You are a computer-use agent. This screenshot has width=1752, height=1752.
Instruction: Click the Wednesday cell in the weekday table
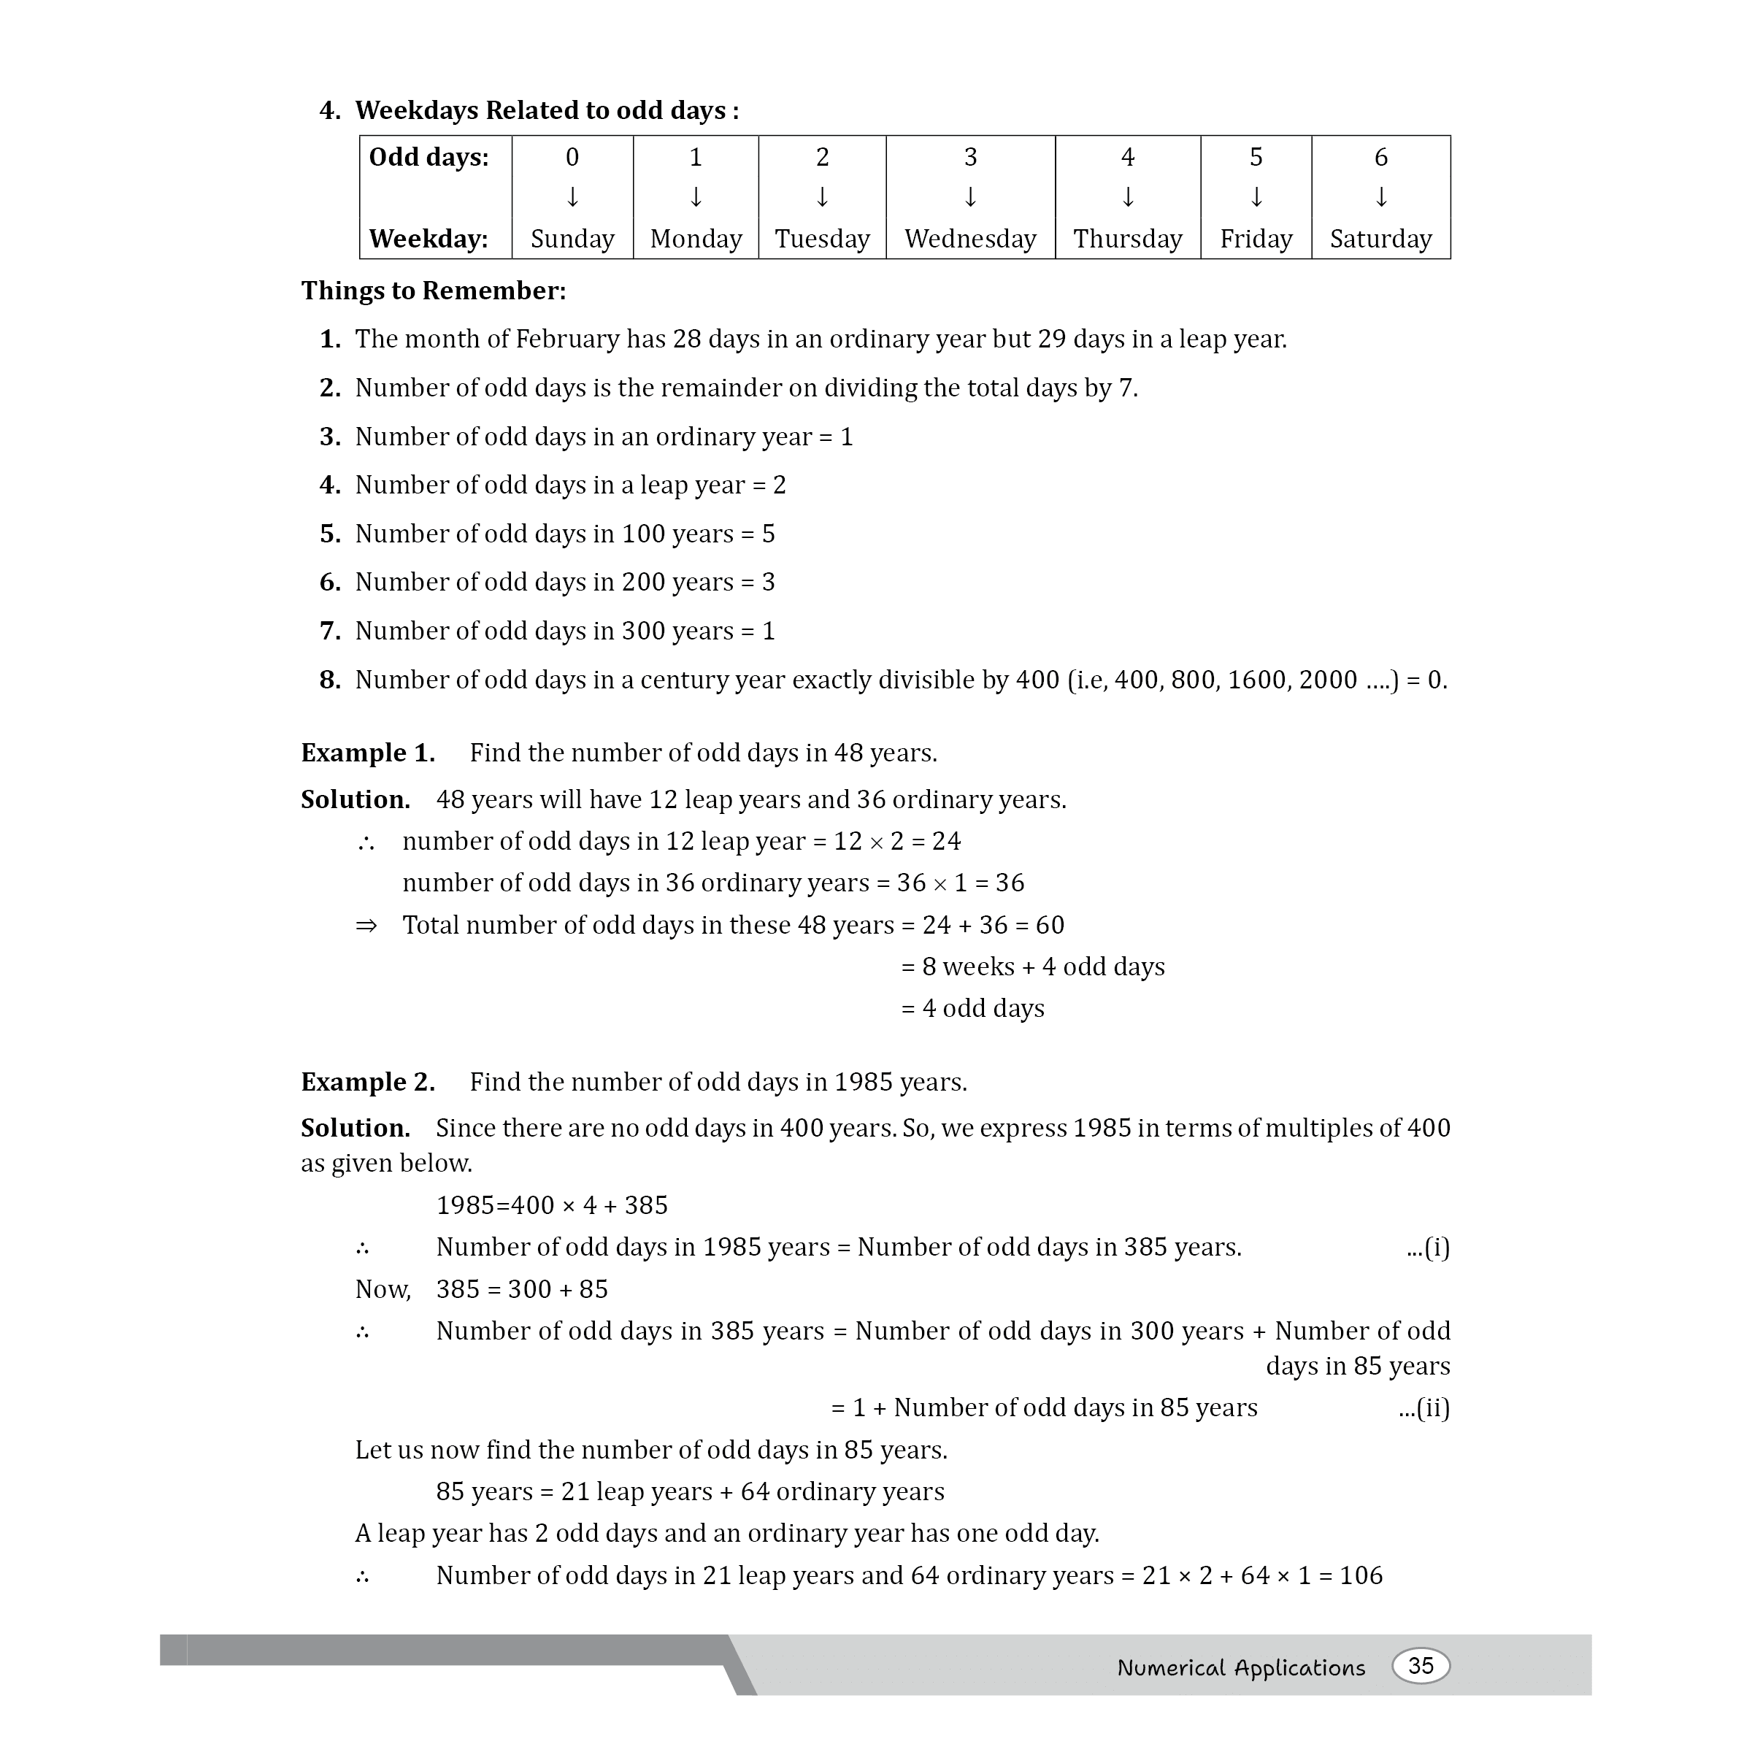point(969,239)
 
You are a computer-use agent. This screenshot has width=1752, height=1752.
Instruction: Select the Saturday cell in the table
point(1380,239)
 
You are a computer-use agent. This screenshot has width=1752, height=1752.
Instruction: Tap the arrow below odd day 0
point(572,197)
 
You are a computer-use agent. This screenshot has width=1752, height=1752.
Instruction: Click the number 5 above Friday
point(1255,158)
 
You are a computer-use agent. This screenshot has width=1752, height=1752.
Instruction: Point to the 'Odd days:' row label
point(429,158)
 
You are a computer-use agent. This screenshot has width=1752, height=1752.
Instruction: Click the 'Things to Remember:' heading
point(434,291)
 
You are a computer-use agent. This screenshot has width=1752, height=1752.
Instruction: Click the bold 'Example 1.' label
point(368,753)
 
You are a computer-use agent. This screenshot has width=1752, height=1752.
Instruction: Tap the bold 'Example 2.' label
point(368,1082)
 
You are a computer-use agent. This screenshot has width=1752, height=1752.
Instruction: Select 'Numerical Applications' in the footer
point(1240,1667)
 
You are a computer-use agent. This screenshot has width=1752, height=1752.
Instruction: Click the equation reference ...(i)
point(1429,1248)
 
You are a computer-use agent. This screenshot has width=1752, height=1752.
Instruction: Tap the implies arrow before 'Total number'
point(366,926)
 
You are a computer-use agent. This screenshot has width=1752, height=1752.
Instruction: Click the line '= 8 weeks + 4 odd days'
point(1033,967)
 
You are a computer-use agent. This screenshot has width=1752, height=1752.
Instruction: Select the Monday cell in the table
point(696,239)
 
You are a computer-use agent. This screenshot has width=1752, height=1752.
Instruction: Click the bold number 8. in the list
point(330,680)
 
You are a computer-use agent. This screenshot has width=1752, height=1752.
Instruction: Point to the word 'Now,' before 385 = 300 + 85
point(383,1289)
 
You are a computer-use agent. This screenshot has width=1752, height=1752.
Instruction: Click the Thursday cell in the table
point(1127,239)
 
